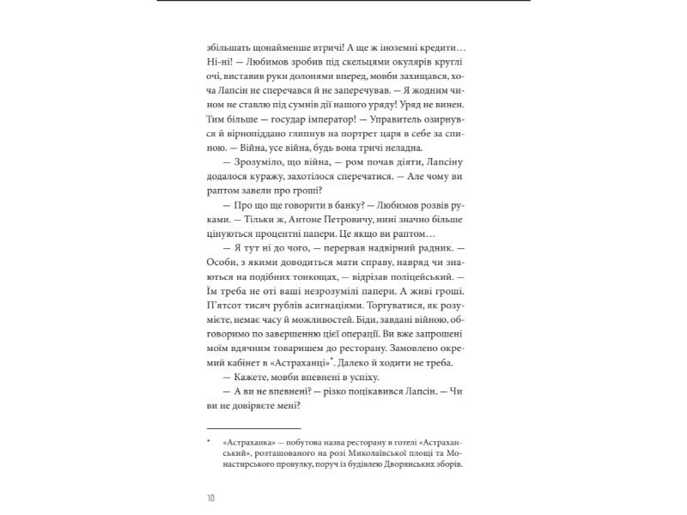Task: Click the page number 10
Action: coord(210,497)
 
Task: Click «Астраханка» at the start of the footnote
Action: coord(248,443)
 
